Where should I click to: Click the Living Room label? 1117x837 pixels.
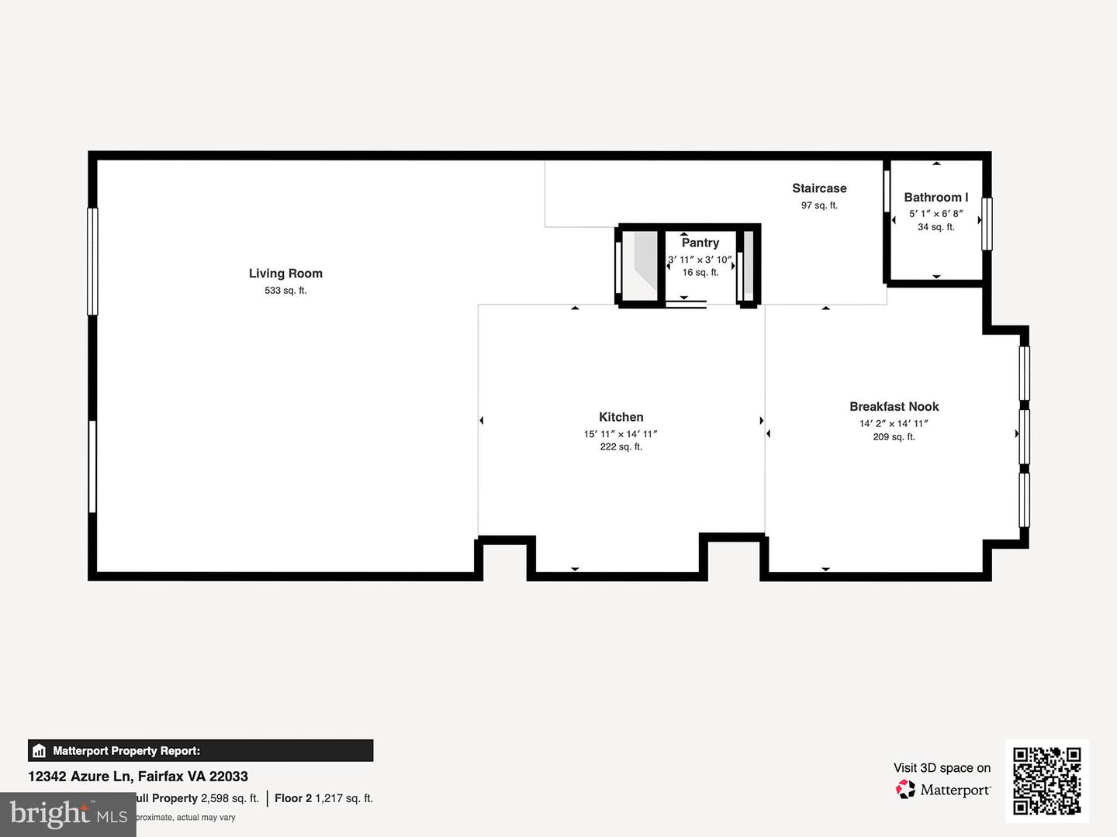[285, 274]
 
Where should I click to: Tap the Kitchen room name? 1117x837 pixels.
[621, 417]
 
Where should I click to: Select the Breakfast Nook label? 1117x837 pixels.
[894, 407]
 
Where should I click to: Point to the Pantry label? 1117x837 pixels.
[700, 243]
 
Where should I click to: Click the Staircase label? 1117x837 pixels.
[819, 188]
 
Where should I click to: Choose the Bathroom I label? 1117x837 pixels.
[935, 198]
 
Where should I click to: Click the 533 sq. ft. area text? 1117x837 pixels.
[285, 291]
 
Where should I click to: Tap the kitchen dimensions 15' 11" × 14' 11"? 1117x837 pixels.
[621, 434]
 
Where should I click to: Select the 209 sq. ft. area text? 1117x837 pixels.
[894, 437]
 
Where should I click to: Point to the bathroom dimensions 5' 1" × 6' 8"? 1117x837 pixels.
[935, 213]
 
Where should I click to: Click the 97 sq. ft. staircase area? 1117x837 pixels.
[819, 205]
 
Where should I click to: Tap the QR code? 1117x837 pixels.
[1046, 780]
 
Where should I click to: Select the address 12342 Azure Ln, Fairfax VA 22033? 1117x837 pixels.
[138, 776]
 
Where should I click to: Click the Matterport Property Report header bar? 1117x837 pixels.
[200, 750]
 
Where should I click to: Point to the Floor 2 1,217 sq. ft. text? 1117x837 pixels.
[323, 798]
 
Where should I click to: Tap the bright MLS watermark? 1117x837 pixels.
[68, 814]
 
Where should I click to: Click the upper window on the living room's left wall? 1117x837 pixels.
[92, 261]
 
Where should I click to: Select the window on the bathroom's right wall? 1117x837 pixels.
[987, 224]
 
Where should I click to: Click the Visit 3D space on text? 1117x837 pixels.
[942, 768]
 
